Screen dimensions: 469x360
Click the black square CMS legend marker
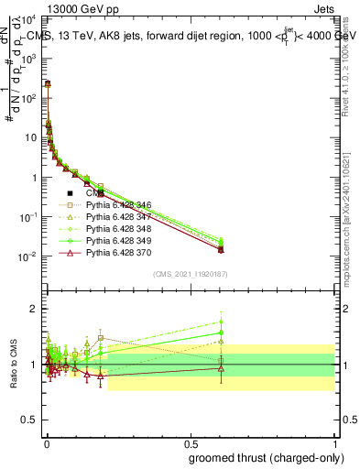(71, 193)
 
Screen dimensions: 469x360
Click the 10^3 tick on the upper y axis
(34, 57)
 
